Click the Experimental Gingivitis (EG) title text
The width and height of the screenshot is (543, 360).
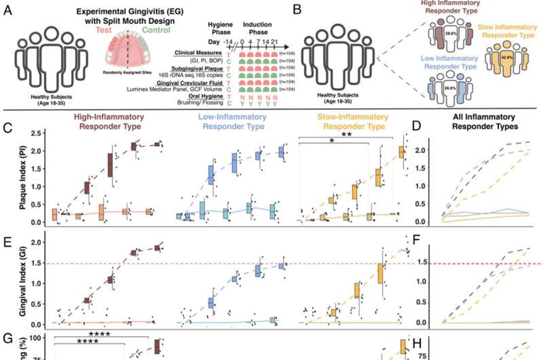pyautogui.click(x=132, y=14)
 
